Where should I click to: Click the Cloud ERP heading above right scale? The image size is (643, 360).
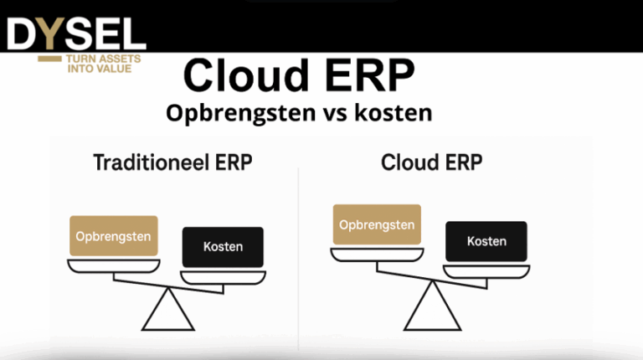point(431,162)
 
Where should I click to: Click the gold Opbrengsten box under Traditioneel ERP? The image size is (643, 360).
point(113,236)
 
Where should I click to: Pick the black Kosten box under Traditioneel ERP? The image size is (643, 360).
point(223,246)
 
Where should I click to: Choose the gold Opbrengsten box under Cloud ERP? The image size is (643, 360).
point(376,224)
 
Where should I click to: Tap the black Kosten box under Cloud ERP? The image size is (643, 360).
point(486,240)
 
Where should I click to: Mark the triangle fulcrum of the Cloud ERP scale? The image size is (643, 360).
point(432,308)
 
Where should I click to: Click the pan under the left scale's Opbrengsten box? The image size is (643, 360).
point(113,266)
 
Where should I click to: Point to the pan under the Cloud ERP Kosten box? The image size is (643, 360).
point(487,270)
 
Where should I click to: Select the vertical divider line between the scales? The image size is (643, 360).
point(299,251)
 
